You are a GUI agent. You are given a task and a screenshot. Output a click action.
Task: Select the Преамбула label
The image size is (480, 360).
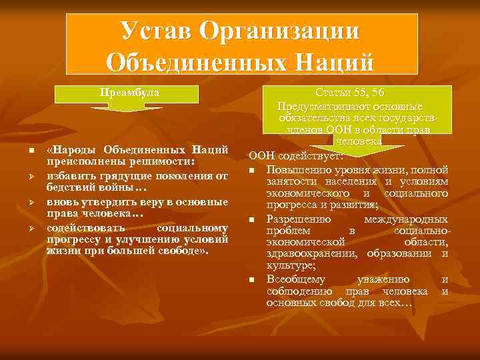coord(130,92)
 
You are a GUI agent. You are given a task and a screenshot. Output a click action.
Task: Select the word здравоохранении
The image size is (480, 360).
coord(310,252)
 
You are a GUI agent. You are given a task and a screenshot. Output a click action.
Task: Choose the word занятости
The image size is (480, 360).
coord(290,182)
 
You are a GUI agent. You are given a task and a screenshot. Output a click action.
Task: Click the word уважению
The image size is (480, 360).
coord(383,279)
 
